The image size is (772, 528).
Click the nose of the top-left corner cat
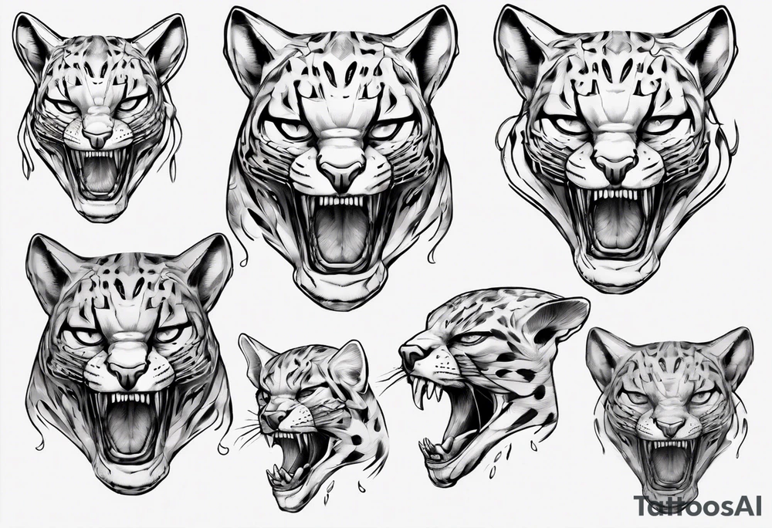point(96,139)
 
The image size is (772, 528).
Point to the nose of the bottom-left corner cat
point(126,373)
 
